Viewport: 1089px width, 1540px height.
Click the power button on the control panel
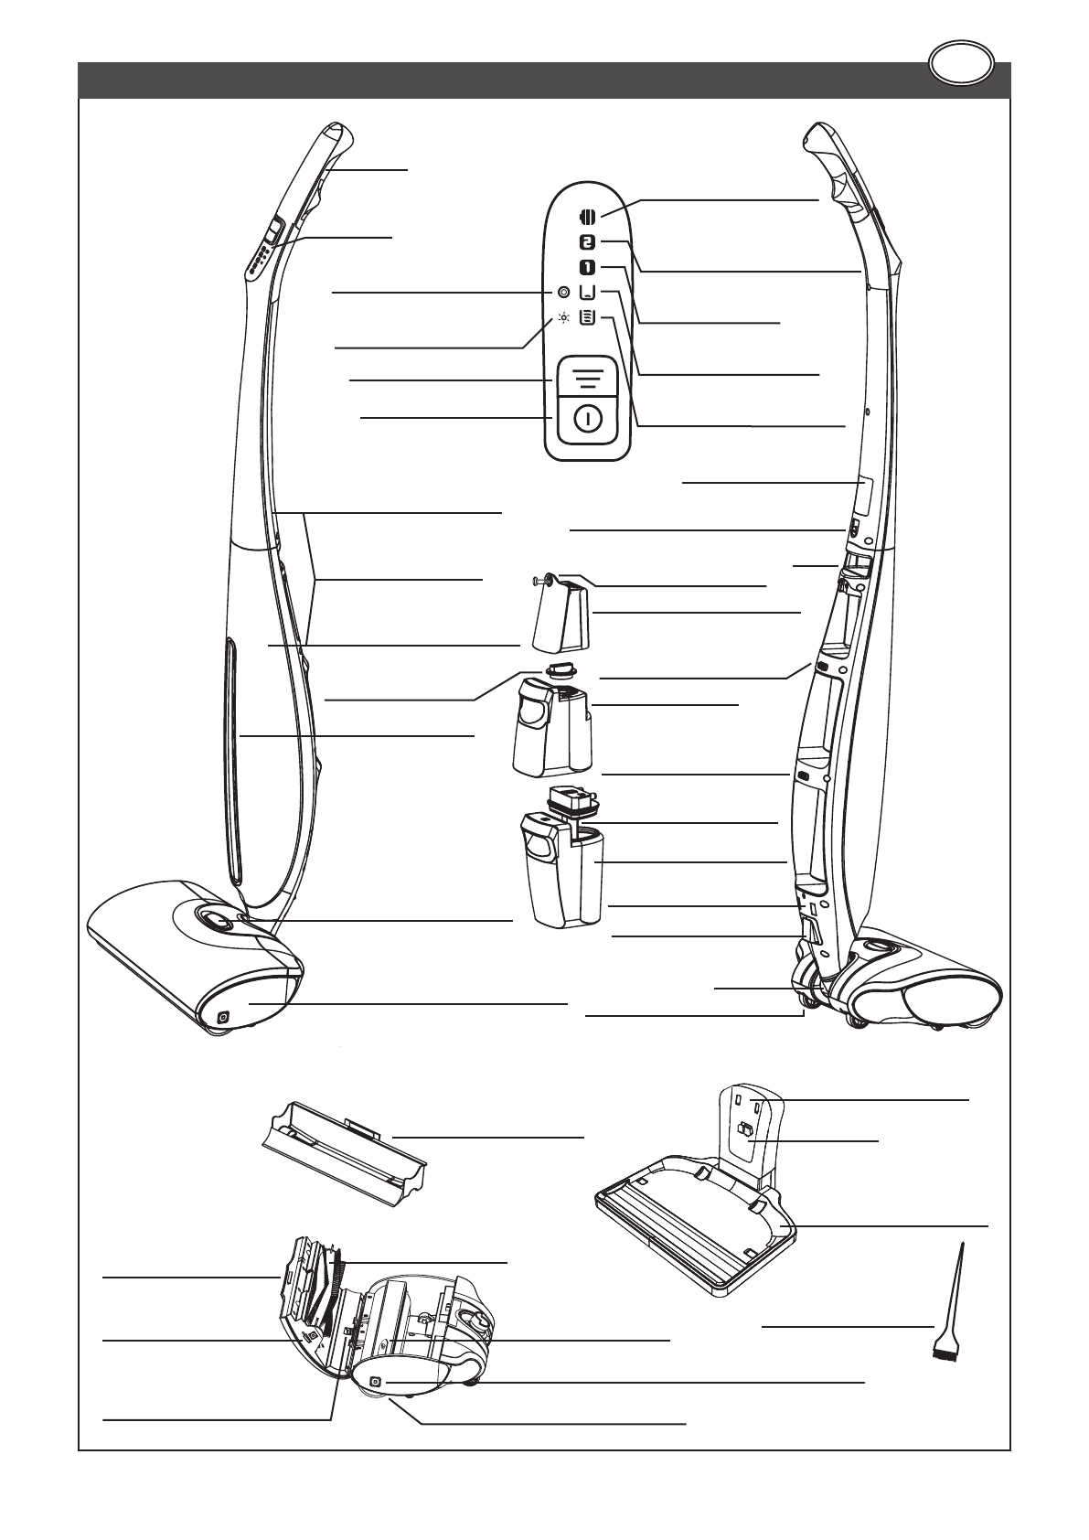[588, 420]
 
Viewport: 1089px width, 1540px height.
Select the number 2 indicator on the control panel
[588, 242]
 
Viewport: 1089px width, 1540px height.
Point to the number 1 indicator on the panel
[588, 267]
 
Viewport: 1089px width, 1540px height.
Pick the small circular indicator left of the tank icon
[563, 293]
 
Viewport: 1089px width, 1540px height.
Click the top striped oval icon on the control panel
[588, 218]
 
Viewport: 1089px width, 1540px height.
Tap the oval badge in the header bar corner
[961, 65]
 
